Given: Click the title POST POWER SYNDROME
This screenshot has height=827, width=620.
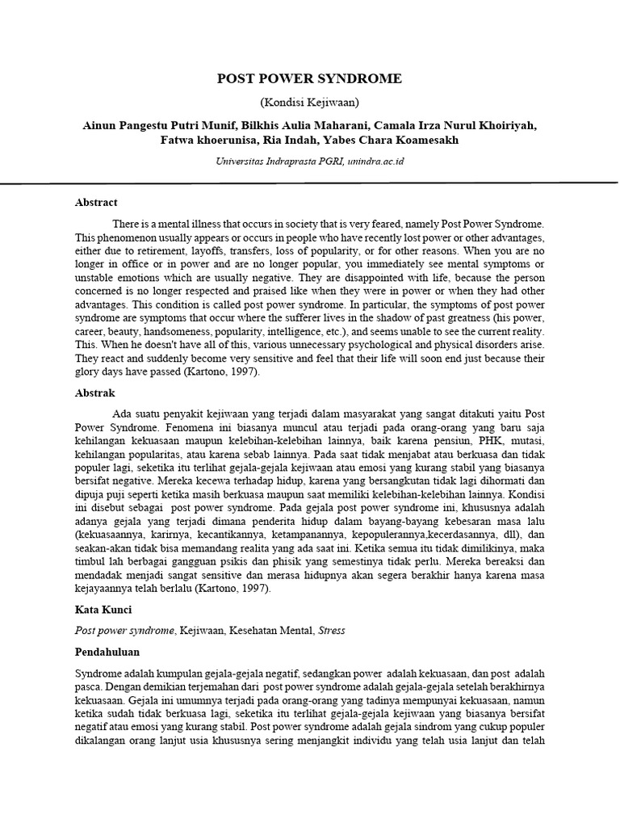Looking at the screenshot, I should point(309,78).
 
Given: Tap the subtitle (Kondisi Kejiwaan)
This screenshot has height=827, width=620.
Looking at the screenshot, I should point(309,103).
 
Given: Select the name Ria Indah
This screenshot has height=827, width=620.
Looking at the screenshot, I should point(287,140).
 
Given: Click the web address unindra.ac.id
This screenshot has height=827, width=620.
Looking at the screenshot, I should point(375,162).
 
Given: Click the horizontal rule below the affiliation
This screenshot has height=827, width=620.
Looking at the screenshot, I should point(309,183).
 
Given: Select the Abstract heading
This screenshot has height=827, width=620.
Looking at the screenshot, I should point(96,203).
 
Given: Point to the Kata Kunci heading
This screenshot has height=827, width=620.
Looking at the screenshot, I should point(103,611).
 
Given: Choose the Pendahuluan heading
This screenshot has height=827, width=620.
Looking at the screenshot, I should point(107,651).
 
